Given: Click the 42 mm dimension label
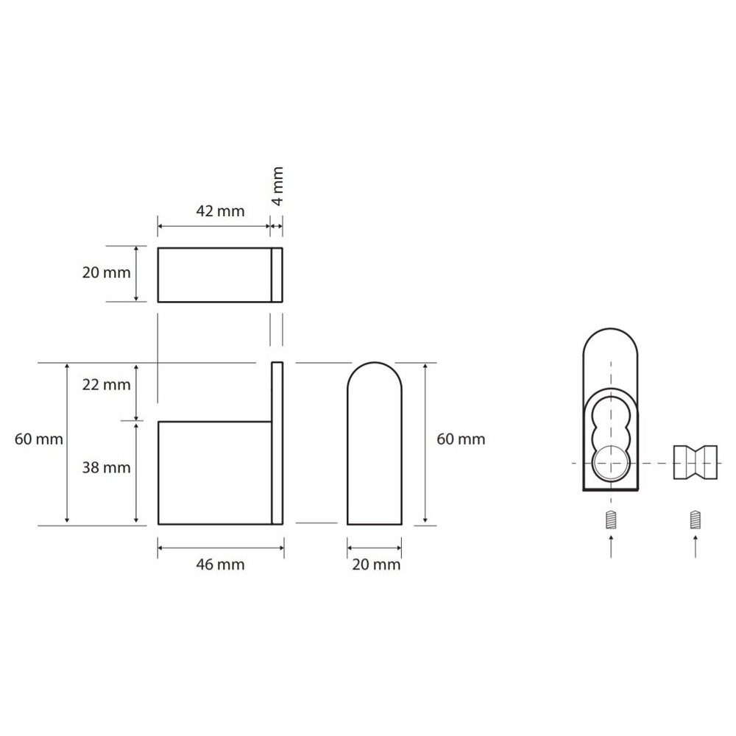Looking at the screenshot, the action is (x=220, y=211).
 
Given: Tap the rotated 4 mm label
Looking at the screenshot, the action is (x=277, y=186).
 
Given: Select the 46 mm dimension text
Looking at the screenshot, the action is (x=220, y=565).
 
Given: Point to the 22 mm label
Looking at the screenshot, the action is (x=106, y=385).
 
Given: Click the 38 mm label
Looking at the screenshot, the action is (x=106, y=467).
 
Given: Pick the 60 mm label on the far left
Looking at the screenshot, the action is (x=38, y=439).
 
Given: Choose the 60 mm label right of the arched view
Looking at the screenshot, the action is (x=461, y=439).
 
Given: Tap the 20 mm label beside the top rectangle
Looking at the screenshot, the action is (x=106, y=273).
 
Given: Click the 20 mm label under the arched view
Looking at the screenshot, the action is (x=376, y=565).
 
